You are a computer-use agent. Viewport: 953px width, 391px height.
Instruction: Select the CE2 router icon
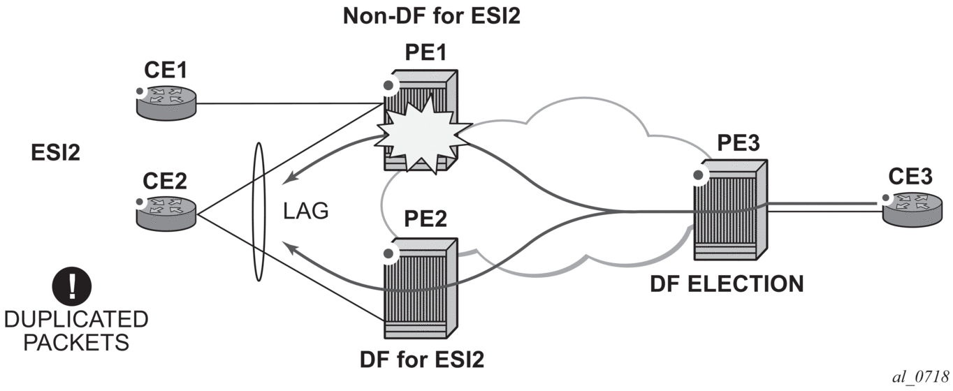[x=166, y=210]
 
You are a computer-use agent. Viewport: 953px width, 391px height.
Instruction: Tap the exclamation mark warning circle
[x=72, y=286]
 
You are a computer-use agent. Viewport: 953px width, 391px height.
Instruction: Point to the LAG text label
[x=306, y=212]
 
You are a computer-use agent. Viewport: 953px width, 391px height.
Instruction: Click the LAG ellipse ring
[x=259, y=212]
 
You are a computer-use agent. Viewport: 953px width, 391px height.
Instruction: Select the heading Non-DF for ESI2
[x=431, y=16]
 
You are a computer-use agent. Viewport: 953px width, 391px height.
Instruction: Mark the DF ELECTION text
[x=727, y=284]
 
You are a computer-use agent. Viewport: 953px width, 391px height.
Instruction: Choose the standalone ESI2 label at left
[x=56, y=152]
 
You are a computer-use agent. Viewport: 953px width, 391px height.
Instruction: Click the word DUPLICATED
[x=75, y=320]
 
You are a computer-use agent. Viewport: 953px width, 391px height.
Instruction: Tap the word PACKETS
[x=75, y=342]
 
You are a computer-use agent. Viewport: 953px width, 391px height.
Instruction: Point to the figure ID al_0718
[x=916, y=377]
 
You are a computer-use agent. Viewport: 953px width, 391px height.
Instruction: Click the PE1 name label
[x=425, y=52]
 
